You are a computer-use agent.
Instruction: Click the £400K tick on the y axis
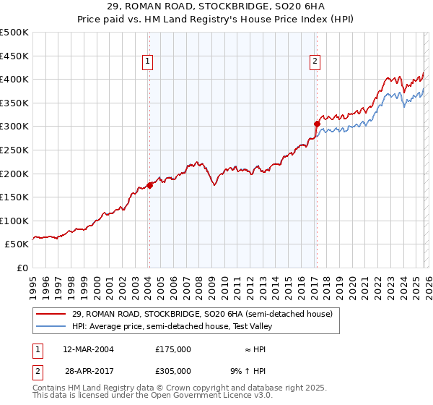(14, 79)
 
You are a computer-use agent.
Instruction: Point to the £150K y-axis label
(14, 197)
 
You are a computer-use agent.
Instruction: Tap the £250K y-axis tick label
(14, 150)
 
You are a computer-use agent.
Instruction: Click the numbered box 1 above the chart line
(148, 62)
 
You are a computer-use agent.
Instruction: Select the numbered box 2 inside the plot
(315, 62)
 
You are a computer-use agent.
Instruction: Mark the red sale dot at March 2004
(149, 185)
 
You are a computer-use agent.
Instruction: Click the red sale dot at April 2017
(317, 124)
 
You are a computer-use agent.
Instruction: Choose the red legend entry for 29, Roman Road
(202, 314)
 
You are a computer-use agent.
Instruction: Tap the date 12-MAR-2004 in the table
(88, 349)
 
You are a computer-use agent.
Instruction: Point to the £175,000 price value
(173, 349)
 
